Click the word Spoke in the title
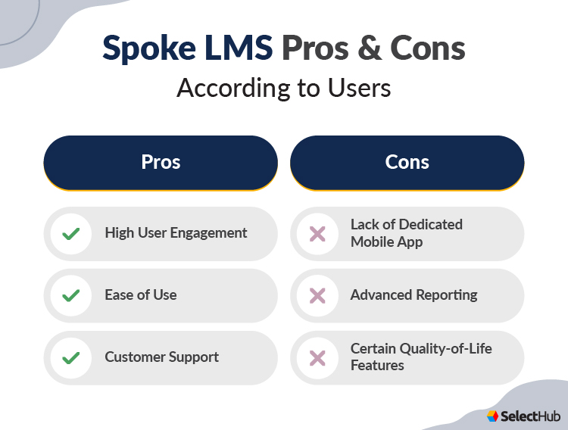[145, 48]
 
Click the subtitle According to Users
[284, 89]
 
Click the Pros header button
[161, 162]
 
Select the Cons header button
[407, 162]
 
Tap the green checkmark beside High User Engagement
[71, 234]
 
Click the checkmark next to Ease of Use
[71, 295]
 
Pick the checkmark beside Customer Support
[71, 357]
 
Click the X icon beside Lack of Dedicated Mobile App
[317, 234]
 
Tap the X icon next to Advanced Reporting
[317, 295]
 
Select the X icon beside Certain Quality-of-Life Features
[317, 357]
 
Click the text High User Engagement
[176, 233]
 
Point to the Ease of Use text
[141, 295]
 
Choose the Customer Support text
[162, 357]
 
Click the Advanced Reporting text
[414, 295]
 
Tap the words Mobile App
[386, 242]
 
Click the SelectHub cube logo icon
[493, 416]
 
